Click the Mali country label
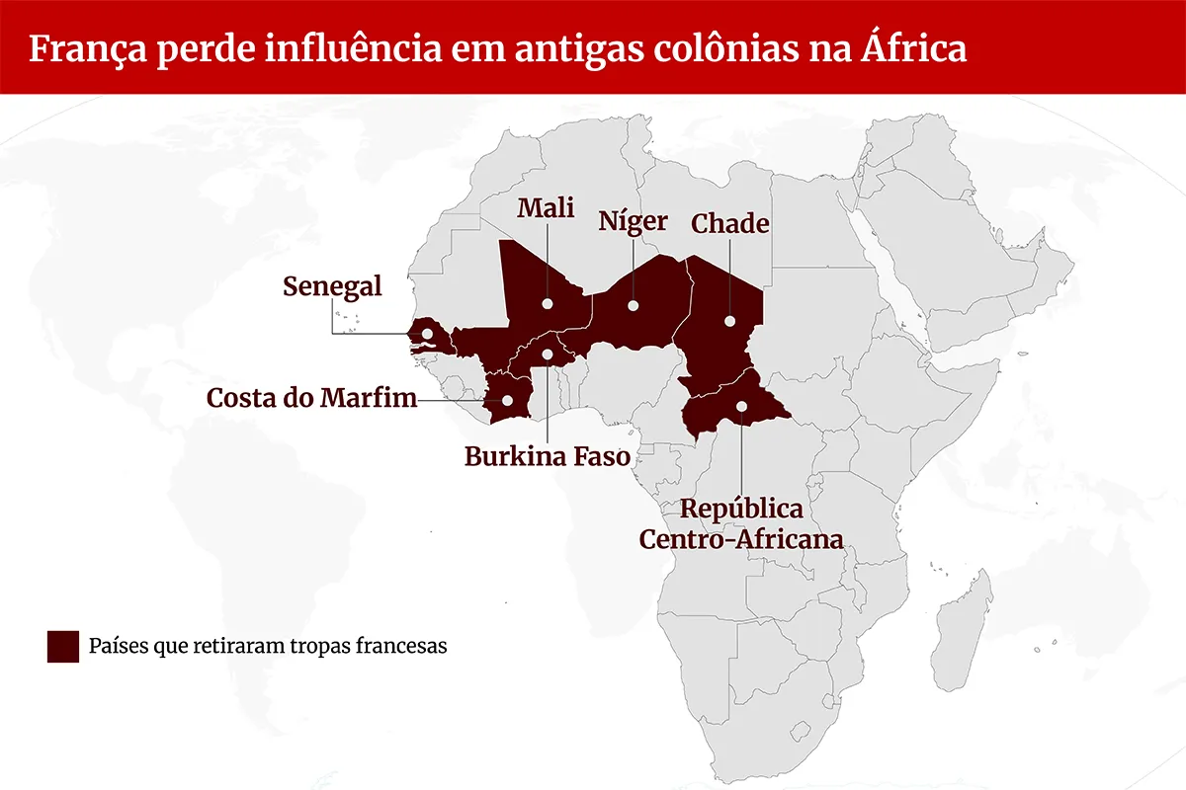[546, 208]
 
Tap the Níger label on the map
[633, 221]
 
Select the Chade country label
[729, 223]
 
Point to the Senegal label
[332, 286]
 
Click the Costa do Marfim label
[311, 399]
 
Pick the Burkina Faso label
[547, 456]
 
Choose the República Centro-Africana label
[741, 524]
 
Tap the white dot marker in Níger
[633, 305]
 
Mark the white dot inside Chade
[729, 320]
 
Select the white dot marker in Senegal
[426, 334]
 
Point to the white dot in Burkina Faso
[547, 354]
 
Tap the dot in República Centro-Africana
[741, 405]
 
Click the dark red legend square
[62, 646]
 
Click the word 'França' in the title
[80, 48]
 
